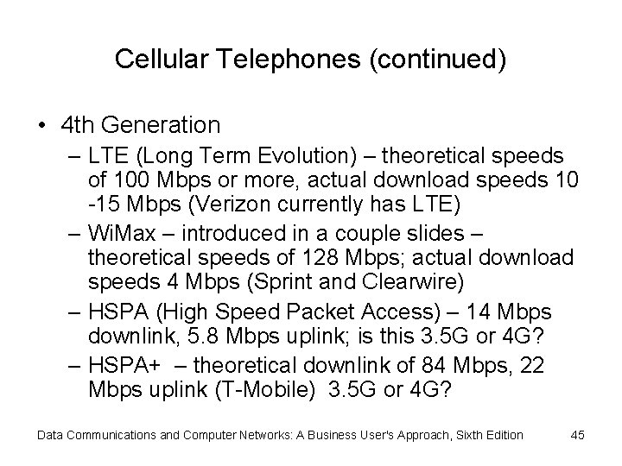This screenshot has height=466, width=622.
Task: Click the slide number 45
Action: click(578, 435)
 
